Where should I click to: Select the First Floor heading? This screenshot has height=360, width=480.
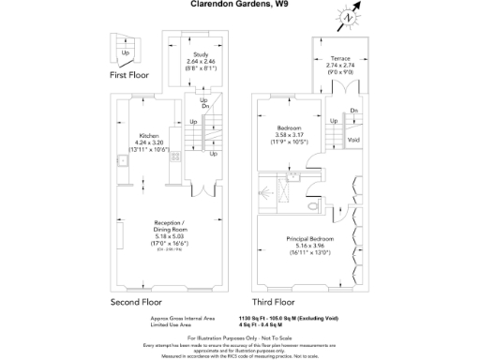[129, 75]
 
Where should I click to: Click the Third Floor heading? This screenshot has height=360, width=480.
[275, 303]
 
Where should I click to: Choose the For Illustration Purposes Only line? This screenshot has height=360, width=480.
[239, 337]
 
